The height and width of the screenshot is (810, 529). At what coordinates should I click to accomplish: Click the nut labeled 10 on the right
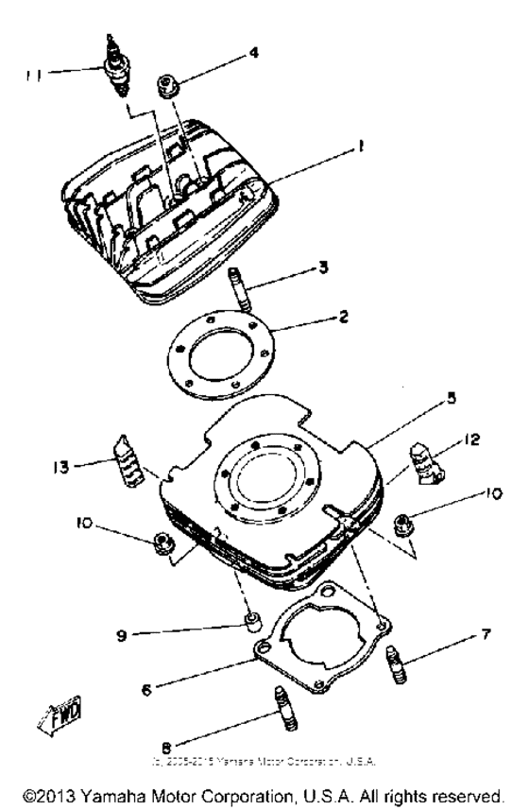coord(401,521)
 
